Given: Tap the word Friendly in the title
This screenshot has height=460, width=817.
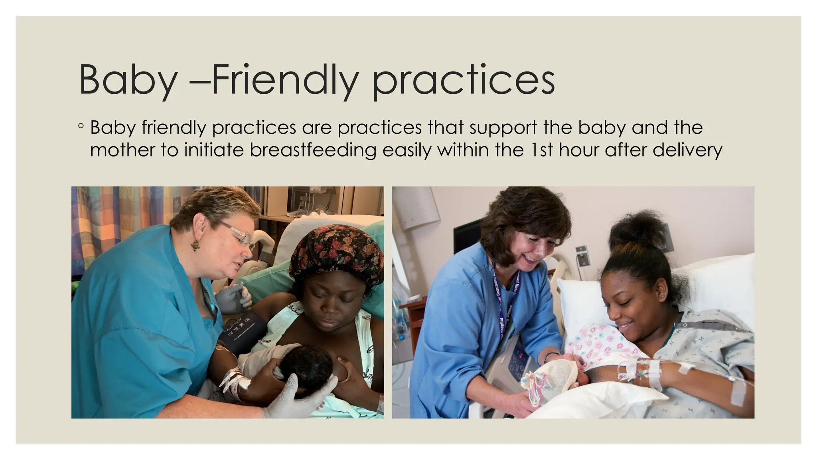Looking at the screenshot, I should pos(283,80).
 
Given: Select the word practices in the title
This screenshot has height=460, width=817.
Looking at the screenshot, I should pos(463,82).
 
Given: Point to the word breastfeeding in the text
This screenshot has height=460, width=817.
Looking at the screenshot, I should pos(313,150).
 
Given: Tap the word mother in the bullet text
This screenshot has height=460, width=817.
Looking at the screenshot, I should pos(122,150).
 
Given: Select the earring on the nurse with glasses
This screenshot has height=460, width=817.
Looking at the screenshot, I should pos(195,244).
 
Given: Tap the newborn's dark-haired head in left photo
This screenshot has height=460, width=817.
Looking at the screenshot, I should pos(307,367).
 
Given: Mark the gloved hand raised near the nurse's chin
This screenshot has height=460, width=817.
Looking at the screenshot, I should pos(235,297).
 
